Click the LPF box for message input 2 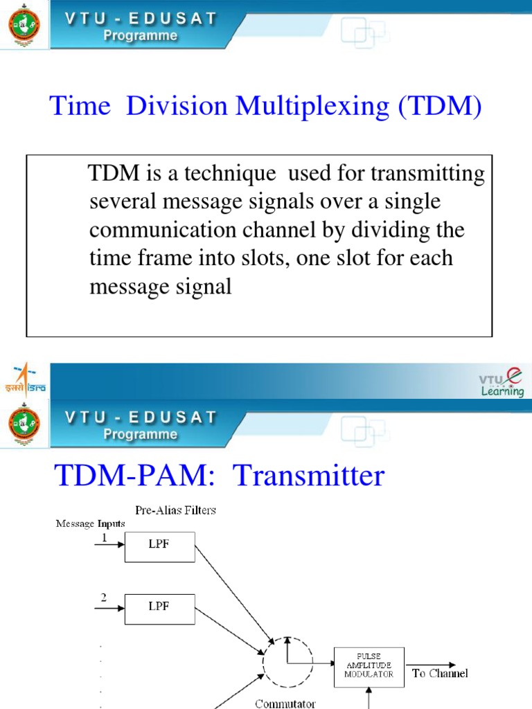(159, 607)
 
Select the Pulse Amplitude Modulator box (369, 667)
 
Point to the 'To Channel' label (440, 673)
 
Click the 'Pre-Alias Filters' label (175, 510)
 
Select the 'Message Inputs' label (90, 523)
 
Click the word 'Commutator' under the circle (285, 703)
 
